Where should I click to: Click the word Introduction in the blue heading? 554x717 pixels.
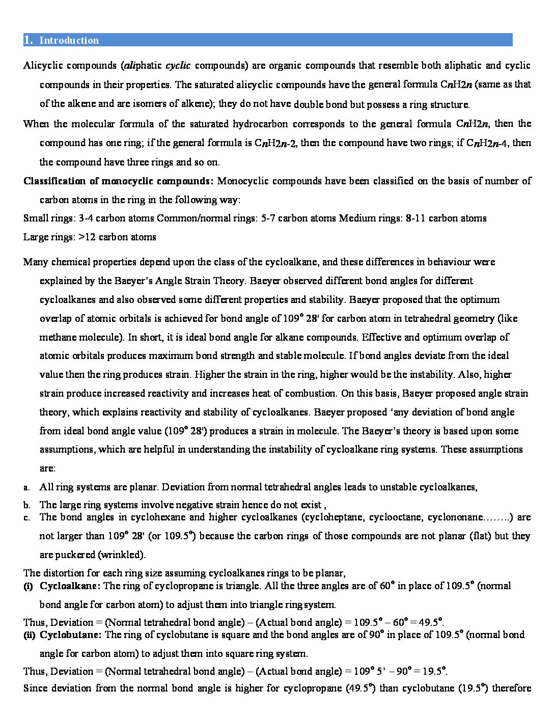69,40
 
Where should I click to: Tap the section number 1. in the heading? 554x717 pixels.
29,40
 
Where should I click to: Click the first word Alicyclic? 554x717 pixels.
44,66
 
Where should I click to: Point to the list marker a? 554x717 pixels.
26,488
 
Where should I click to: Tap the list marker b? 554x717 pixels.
26,506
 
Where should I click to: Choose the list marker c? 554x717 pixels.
26,518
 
